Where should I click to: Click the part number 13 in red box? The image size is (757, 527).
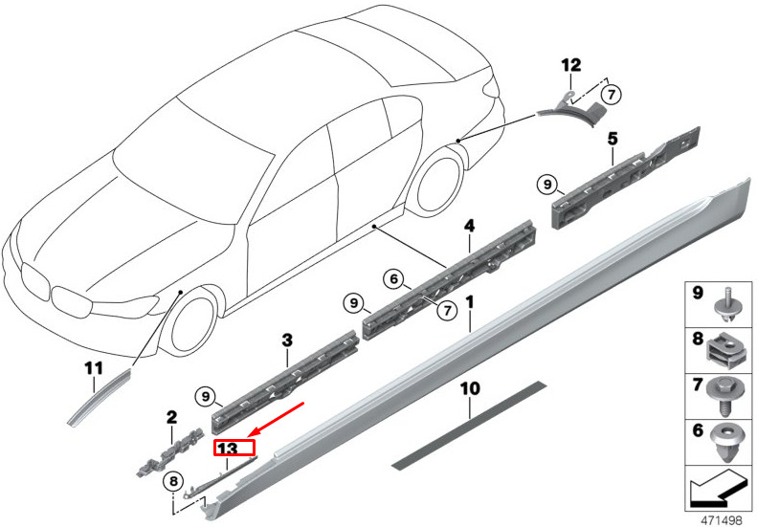coord(233,447)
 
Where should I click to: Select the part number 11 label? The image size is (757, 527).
coord(93,368)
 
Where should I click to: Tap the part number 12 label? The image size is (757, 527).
coord(571,65)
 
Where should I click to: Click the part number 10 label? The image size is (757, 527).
coord(469,389)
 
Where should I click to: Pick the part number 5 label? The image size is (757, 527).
coord(612,138)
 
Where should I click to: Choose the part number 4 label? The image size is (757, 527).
coord(469,226)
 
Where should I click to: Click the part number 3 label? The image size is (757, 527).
coord(286,340)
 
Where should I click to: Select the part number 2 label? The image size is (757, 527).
coord(171,417)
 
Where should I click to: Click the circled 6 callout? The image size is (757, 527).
coord(392,278)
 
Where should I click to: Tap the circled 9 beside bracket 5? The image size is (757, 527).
coord(547,184)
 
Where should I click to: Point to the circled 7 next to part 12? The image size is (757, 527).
coord(612,94)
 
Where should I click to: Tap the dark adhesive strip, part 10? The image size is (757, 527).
coord(469,427)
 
